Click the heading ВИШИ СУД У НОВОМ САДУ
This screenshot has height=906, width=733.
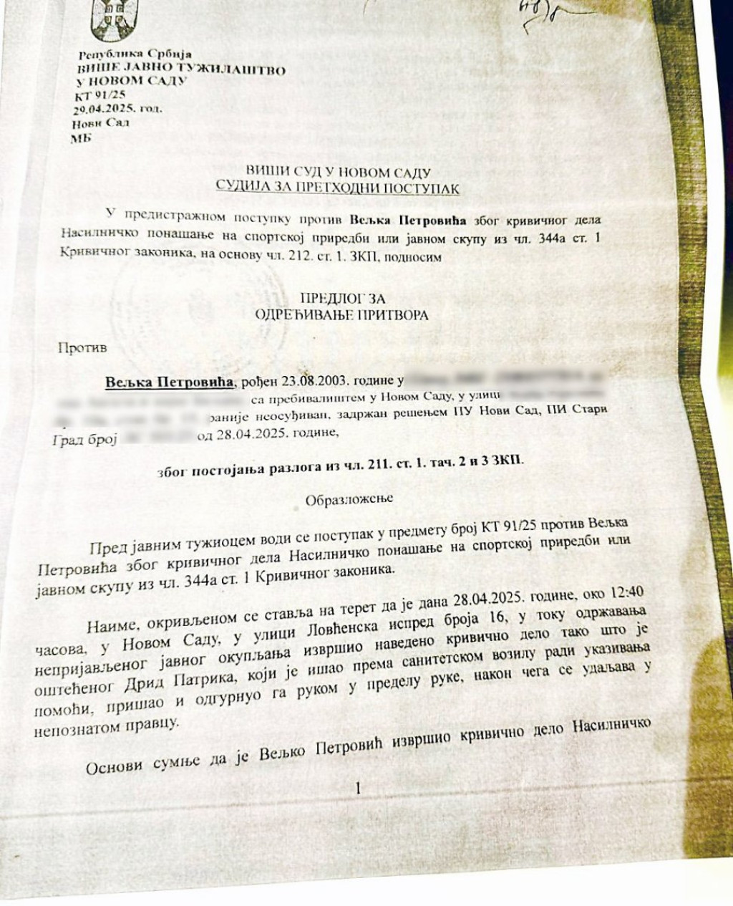click(338, 173)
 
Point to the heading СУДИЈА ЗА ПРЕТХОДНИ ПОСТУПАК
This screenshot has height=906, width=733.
click(338, 188)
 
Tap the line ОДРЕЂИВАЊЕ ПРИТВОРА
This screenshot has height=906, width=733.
click(341, 314)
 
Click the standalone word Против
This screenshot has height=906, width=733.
click(82, 348)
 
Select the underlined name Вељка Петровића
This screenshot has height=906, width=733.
click(169, 382)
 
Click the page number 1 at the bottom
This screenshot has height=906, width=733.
click(358, 789)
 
